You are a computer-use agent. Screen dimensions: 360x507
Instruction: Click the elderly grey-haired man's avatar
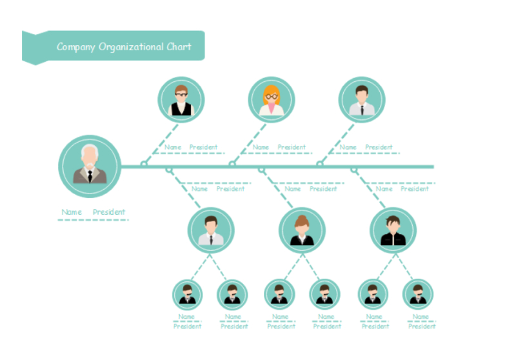point(90,165)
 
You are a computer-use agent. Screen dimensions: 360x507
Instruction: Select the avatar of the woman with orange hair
point(272,100)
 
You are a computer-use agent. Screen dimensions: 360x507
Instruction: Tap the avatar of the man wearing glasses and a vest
point(181,100)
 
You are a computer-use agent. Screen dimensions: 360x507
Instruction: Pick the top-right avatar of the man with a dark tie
point(362,100)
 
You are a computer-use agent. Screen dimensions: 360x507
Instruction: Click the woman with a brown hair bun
point(302,230)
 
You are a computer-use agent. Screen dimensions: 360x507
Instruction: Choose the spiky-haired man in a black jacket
point(393,230)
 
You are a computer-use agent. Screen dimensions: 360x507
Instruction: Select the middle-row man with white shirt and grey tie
point(211,230)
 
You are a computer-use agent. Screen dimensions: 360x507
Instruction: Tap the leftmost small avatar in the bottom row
point(187,294)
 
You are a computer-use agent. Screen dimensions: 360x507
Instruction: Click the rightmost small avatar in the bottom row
point(418,294)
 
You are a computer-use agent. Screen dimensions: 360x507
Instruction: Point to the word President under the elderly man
point(109,212)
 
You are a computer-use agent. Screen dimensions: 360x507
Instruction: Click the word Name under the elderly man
point(72,212)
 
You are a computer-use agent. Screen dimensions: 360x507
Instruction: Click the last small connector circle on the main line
point(353,170)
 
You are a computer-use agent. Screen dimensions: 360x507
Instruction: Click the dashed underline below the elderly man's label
point(93,220)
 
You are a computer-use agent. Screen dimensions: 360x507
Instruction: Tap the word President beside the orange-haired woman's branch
point(292,147)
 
